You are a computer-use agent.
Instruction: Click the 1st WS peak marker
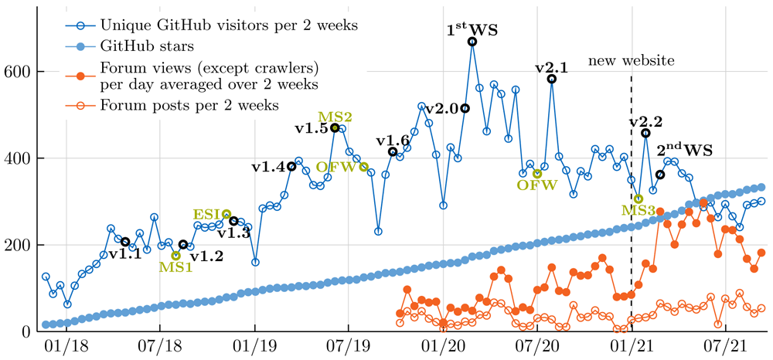point(472,42)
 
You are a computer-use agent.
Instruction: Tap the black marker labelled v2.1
point(552,79)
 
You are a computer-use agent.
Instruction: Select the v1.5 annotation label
point(311,128)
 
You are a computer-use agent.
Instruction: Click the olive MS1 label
point(176,267)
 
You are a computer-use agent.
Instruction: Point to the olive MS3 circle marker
point(638,199)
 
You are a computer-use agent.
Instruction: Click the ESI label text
point(207,214)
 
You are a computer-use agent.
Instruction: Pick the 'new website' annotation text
point(631,61)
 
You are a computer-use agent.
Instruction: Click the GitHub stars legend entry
point(145,47)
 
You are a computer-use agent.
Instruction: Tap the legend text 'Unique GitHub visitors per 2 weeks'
point(228,24)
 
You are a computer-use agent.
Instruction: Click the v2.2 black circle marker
point(645,133)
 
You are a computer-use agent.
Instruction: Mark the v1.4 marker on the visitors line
point(291,166)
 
